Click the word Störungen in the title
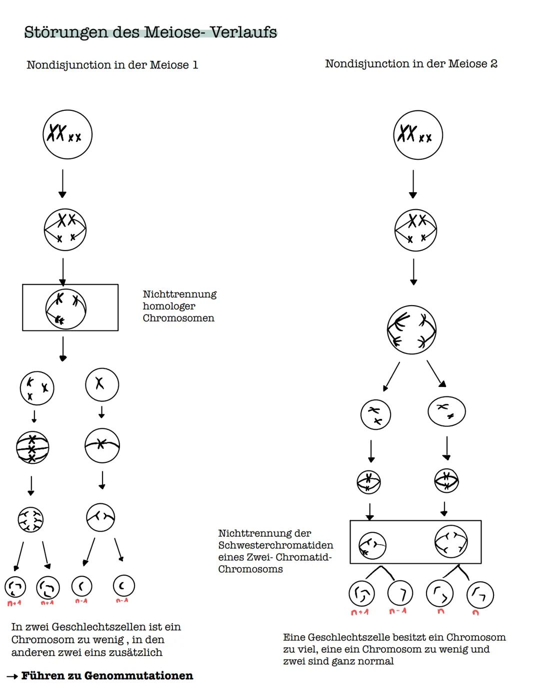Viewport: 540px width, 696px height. point(66,32)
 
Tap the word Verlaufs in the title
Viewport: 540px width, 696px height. point(243,32)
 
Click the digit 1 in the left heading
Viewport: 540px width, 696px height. point(195,65)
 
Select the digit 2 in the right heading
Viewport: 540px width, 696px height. point(493,64)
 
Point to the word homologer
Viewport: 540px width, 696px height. point(169,306)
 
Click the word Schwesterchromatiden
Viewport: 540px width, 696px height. point(275,545)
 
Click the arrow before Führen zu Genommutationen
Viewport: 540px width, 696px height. point(12,677)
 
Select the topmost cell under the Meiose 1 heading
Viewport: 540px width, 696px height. point(67,135)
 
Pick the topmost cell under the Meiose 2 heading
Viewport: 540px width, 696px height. point(418,135)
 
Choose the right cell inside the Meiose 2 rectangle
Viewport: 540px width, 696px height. point(451,542)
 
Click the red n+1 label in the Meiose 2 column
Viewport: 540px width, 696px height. point(359,612)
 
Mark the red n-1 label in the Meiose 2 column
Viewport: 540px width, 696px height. point(398,611)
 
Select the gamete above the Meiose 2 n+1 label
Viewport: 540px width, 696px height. point(361,593)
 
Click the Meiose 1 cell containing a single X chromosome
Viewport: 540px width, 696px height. point(102,385)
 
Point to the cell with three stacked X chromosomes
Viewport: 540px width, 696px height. point(32,447)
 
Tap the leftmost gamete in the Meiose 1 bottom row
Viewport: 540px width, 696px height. point(15,587)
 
